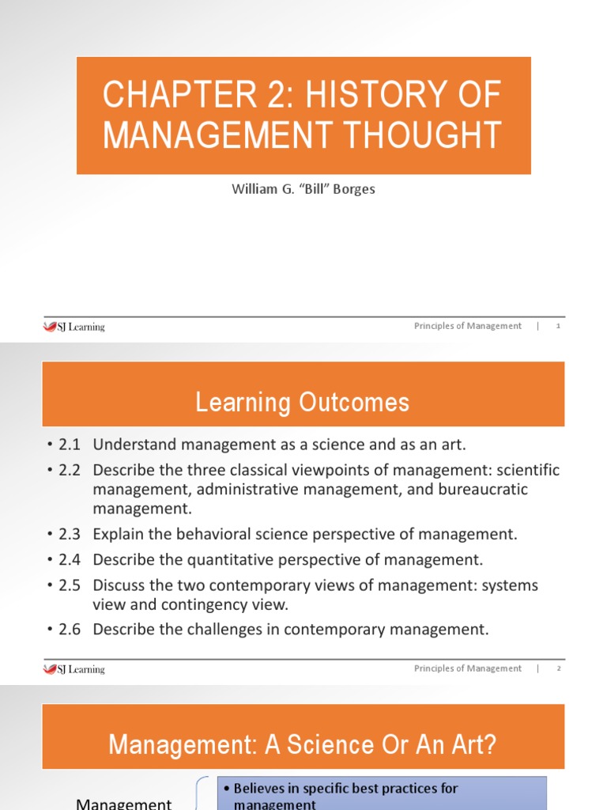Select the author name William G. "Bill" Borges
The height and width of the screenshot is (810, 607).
(303, 189)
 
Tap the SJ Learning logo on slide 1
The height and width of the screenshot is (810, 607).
(74, 326)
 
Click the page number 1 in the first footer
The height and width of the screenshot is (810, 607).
(558, 326)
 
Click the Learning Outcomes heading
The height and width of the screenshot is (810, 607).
(303, 403)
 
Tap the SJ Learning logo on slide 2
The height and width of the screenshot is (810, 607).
(74, 668)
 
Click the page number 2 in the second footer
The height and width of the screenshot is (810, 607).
(558, 668)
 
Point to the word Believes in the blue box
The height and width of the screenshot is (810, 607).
(265, 788)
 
